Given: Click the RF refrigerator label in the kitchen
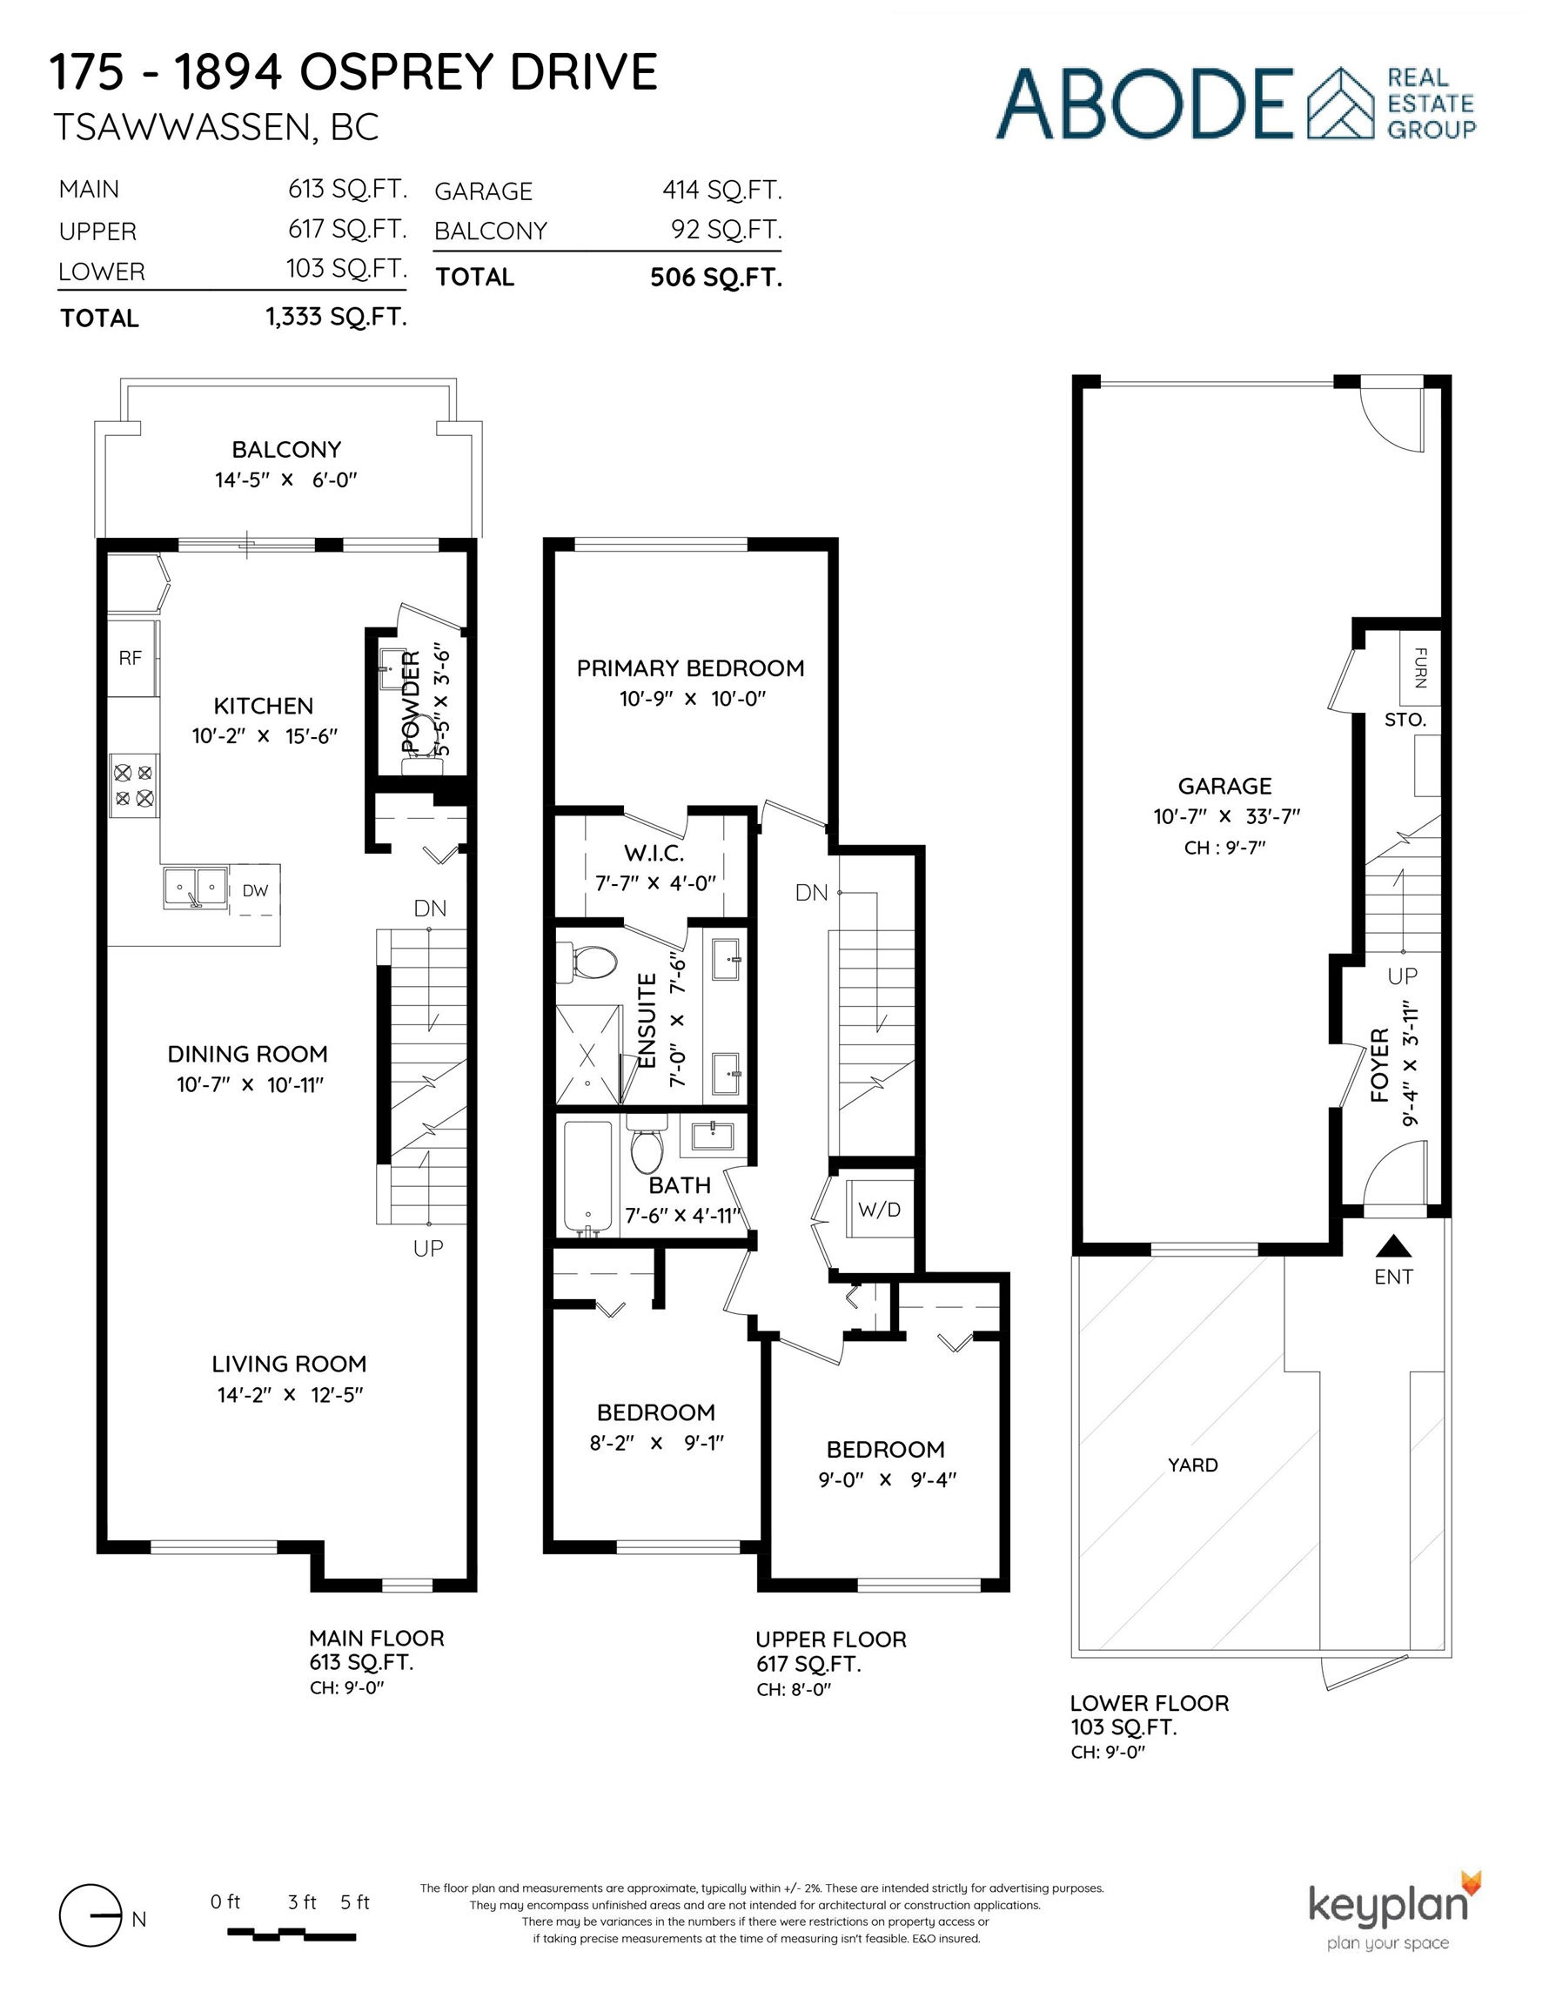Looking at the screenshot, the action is coord(131,657).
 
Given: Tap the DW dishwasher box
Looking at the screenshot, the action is coord(254,889).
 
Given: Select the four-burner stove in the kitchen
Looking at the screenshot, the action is coord(134,785).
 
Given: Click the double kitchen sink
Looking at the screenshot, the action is coord(196,887).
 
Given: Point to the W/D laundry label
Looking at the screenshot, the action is coord(879,1209).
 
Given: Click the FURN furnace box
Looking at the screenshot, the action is coord(1419,667).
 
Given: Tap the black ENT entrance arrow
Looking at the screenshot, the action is coord(1394,1246).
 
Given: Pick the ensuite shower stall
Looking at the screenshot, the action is coord(587,1053).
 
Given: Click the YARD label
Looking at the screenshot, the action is coord(1193,1465).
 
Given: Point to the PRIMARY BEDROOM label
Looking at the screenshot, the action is coord(690,668).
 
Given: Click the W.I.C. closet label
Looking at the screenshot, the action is coord(654,853).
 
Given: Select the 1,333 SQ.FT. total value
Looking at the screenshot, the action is coord(336,317).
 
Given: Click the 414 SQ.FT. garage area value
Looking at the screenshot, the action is coord(721,190).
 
